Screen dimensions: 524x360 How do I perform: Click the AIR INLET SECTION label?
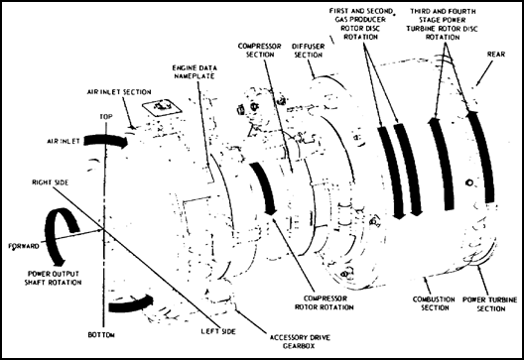click(x=119, y=92)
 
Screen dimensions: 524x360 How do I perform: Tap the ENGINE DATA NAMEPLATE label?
click(x=195, y=71)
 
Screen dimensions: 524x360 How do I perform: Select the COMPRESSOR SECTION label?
click(x=260, y=51)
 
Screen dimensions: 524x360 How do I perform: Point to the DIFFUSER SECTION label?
click(x=308, y=51)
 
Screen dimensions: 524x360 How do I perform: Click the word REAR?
click(x=496, y=55)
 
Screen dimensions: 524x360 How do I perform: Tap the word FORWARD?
click(x=24, y=247)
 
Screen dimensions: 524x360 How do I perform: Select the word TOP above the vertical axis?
click(x=106, y=117)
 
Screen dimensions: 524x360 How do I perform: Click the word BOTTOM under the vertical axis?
click(x=101, y=334)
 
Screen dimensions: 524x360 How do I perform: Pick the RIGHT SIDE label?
click(x=51, y=182)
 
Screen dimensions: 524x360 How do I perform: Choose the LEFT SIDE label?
click(x=218, y=331)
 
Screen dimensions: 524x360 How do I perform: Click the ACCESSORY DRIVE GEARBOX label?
click(x=300, y=341)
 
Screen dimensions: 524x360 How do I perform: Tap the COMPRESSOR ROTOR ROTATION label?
click(x=324, y=302)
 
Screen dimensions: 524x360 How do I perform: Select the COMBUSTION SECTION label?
click(x=434, y=303)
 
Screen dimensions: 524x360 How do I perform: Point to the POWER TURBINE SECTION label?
click(x=490, y=303)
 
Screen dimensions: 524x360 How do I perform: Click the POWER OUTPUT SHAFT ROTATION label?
click(x=54, y=278)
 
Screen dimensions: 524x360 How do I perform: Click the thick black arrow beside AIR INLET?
click(x=105, y=141)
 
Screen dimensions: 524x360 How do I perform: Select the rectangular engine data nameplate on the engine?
click(x=162, y=107)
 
